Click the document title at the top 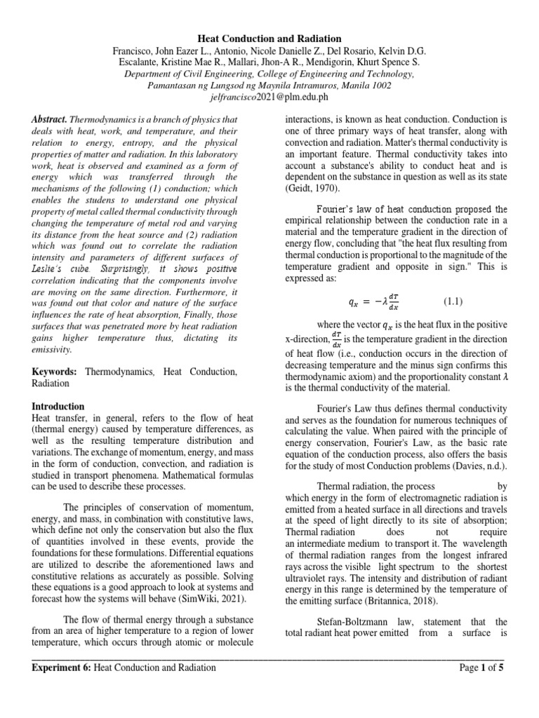pyautogui.click(x=269, y=39)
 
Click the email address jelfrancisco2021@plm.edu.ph pyautogui.click(x=269, y=97)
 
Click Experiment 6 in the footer pyautogui.click(x=62, y=668)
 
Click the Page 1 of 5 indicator pyautogui.click(x=481, y=668)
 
